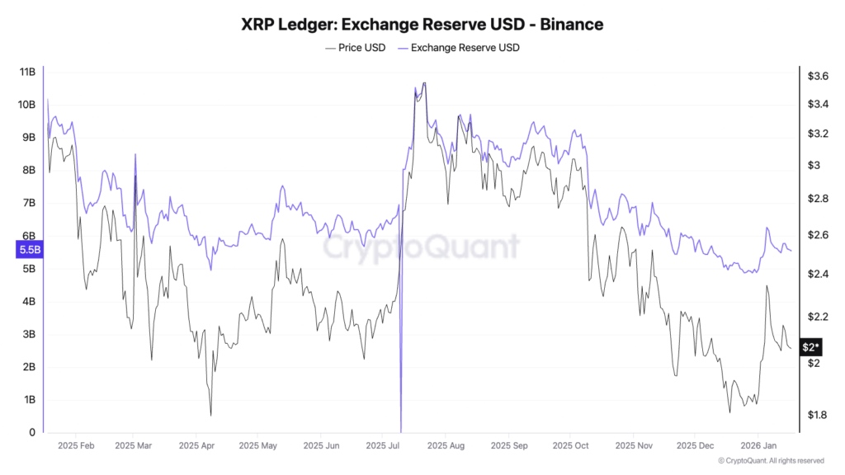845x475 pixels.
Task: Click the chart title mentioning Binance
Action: pos(422,25)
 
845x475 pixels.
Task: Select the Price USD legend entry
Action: pos(355,48)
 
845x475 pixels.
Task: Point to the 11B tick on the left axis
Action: pos(26,72)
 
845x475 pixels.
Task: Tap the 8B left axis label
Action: pos(28,171)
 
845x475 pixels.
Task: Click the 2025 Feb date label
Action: pos(75,445)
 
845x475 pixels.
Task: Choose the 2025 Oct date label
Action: pos(570,445)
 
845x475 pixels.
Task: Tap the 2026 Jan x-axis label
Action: pos(757,445)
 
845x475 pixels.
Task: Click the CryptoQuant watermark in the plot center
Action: pos(422,247)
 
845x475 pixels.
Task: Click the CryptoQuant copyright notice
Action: pos(771,461)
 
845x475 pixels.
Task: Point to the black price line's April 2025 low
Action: pos(210,415)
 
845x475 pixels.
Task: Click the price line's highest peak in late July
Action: pos(424,83)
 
